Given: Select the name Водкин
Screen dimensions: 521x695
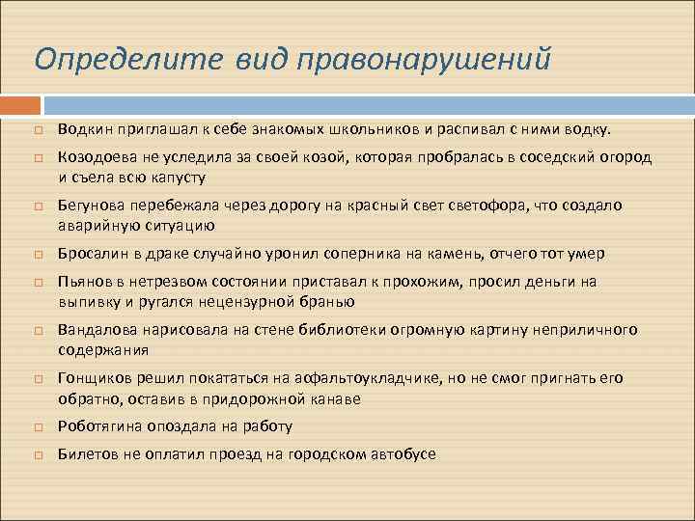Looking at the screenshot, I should [x=83, y=128].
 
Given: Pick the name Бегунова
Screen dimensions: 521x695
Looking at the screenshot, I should [x=91, y=206].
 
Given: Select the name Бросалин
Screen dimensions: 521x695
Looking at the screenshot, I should [x=91, y=254].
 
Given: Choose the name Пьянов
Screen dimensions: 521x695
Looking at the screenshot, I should [x=83, y=282].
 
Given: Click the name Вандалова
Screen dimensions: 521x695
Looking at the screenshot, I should [x=95, y=330].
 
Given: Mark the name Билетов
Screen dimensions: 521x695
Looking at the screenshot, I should [x=87, y=453].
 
